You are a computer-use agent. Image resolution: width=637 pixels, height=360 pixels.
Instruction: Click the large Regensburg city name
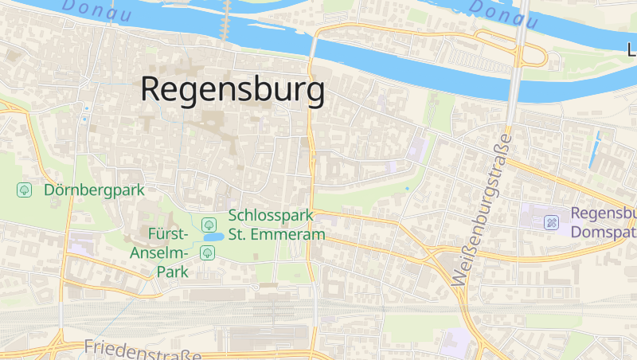233,89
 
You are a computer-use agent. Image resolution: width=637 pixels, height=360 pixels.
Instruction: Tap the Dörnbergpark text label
94,190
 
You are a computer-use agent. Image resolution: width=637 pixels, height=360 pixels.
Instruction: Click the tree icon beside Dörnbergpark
25,190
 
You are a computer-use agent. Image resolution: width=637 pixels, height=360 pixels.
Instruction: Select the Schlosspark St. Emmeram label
276,225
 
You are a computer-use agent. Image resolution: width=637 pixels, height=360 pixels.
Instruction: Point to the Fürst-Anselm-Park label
168,252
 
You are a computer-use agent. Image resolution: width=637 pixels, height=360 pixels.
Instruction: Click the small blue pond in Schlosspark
213,237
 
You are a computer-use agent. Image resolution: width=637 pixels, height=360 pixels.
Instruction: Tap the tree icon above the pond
208,223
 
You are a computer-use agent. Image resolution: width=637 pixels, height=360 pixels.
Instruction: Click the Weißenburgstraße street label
481,209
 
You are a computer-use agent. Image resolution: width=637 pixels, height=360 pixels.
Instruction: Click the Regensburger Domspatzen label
604,223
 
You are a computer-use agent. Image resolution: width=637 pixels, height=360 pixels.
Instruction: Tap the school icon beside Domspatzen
551,222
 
